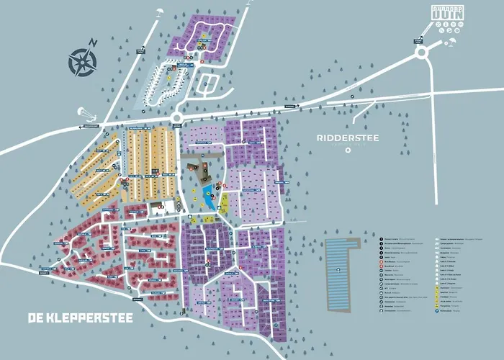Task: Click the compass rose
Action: pyautogui.click(x=82, y=62)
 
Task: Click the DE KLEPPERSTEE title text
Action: pyautogui.click(x=80, y=318)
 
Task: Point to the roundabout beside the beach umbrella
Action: pyautogui.click(x=421, y=53)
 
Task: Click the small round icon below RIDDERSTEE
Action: pyautogui.click(x=347, y=150)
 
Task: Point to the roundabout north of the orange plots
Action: pyautogui.click(x=177, y=118)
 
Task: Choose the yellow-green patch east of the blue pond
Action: pyautogui.click(x=223, y=202)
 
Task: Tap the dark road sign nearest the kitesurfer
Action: pyautogui.click(x=91, y=126)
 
